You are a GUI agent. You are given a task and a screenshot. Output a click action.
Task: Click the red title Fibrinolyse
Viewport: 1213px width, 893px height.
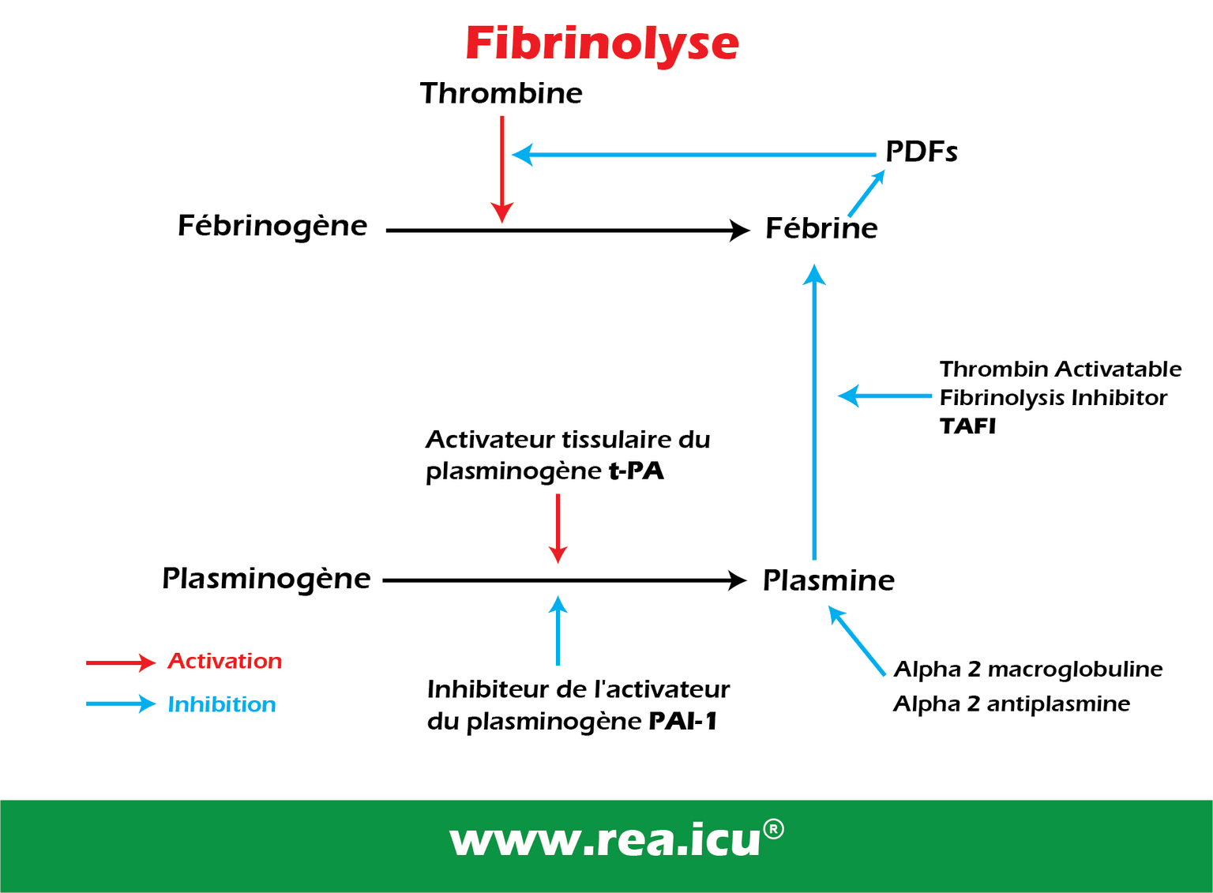click(x=602, y=43)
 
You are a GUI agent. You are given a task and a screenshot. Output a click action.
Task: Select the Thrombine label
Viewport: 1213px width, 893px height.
click(x=501, y=93)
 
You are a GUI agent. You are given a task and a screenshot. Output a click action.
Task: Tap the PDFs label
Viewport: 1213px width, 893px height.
click(x=921, y=152)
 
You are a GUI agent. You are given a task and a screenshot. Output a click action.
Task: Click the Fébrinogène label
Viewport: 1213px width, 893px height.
click(x=272, y=227)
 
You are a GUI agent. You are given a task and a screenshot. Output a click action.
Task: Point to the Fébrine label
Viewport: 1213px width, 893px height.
click(x=821, y=229)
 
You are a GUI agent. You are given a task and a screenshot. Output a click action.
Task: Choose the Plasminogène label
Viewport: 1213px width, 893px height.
click(x=266, y=579)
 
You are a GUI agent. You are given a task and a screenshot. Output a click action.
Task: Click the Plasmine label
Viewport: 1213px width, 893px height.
click(x=828, y=580)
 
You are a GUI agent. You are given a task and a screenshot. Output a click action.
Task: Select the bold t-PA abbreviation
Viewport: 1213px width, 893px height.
click(x=636, y=471)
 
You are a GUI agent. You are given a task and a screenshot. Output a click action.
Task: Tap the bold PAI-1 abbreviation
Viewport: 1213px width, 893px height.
click(x=682, y=721)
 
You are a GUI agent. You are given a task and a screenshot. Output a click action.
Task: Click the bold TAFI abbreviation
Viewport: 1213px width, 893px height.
click(x=967, y=426)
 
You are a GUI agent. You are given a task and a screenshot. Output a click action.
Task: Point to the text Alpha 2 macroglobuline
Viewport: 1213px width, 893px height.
click(x=1027, y=670)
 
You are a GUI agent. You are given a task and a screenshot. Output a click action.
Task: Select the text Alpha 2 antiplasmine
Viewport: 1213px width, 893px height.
click(x=1012, y=704)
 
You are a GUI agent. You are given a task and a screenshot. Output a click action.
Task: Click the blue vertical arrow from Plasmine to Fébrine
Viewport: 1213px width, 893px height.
click(x=814, y=411)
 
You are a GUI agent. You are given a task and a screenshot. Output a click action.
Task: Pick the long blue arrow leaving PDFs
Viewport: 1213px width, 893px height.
click(x=695, y=155)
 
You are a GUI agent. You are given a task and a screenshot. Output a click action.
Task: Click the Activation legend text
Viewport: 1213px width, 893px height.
click(x=224, y=661)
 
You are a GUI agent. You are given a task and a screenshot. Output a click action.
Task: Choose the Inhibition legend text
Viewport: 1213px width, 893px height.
click(x=222, y=704)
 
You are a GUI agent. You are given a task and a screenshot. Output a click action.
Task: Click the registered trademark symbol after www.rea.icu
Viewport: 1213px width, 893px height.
click(x=774, y=829)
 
